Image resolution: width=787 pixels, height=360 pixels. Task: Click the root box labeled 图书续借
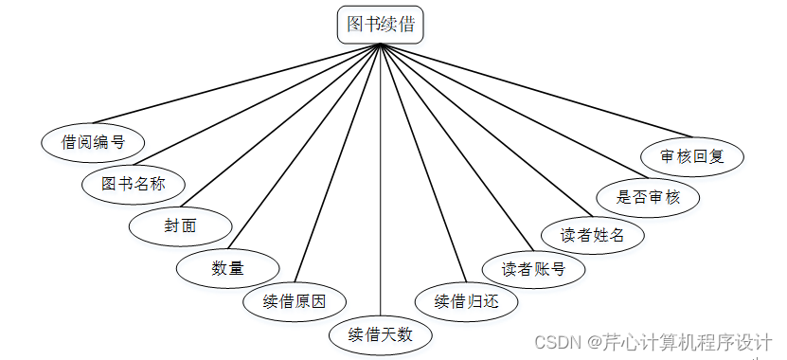[x=380, y=25]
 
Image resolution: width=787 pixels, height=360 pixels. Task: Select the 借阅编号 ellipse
[x=93, y=142]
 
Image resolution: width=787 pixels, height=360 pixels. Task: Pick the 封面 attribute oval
[x=180, y=225]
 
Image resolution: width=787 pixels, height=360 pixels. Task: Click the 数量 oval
[x=227, y=267]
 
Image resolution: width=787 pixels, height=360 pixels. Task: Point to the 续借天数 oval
[x=381, y=333]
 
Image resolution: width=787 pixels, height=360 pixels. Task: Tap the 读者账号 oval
[x=534, y=268]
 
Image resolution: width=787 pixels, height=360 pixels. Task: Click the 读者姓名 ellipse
[x=592, y=234]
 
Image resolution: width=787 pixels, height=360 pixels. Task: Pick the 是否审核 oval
[x=649, y=197]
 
